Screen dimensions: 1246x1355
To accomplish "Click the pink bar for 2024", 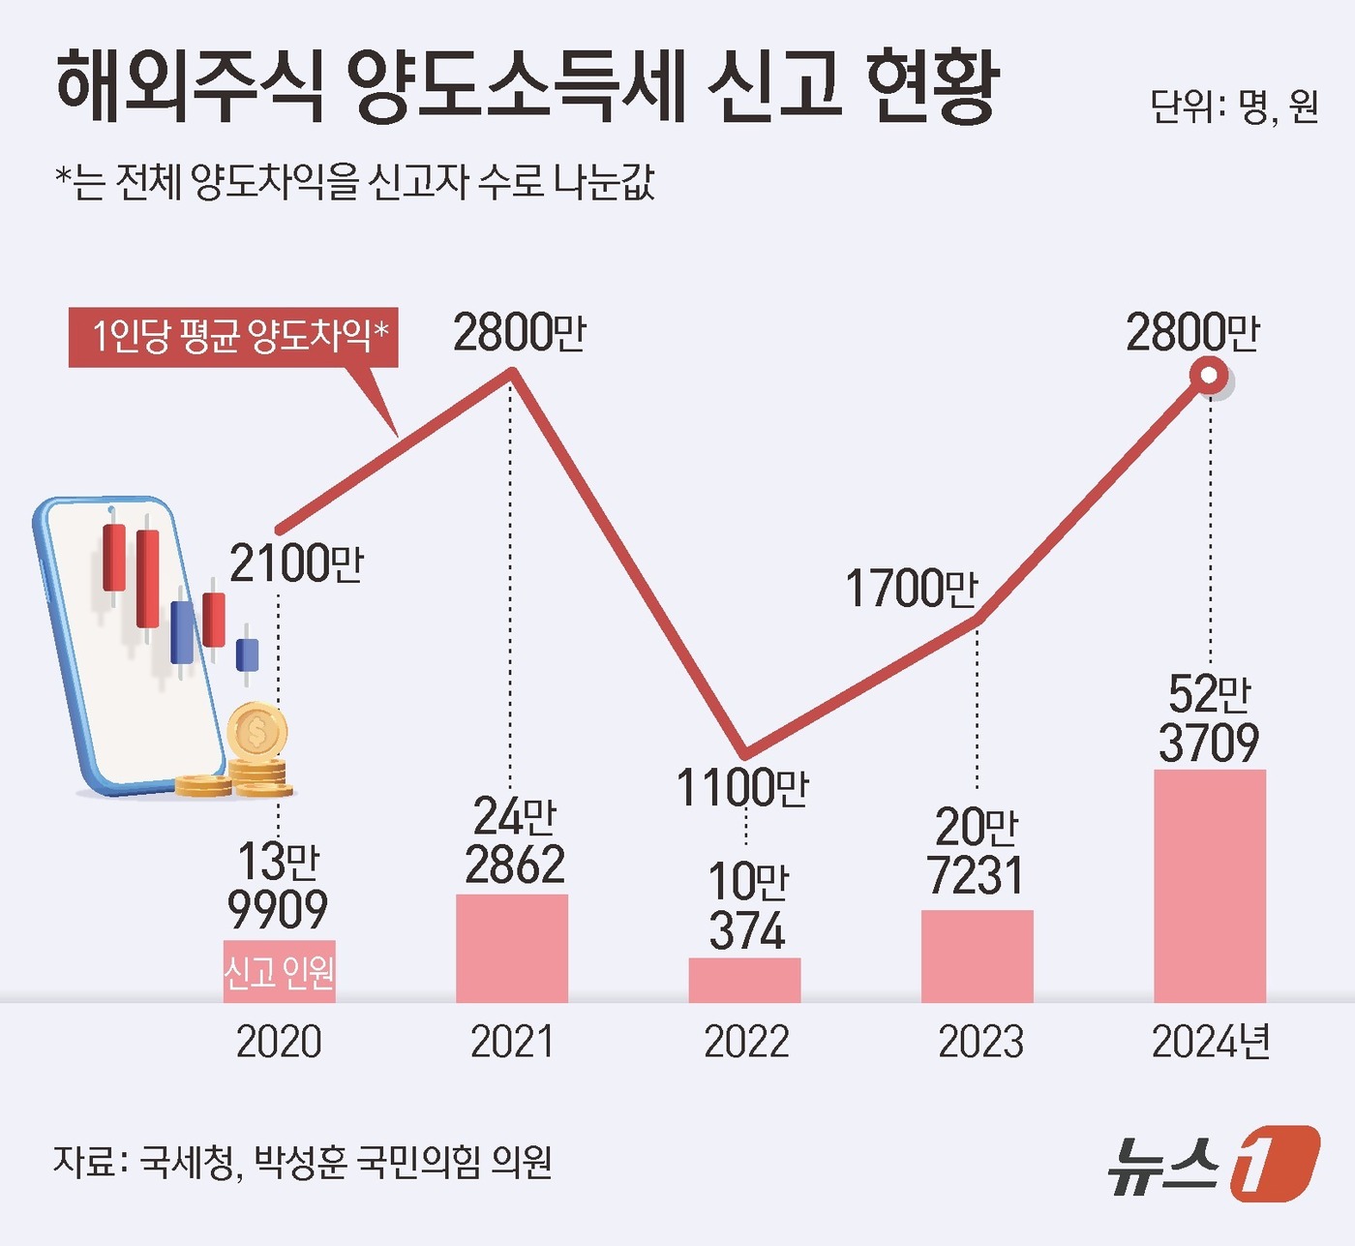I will [1210, 886].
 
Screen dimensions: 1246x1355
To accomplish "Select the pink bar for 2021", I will [512, 948].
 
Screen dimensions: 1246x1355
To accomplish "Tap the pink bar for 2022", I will [744, 980].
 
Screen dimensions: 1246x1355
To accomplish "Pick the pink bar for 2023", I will [977, 956].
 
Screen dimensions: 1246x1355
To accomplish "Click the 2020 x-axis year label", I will [279, 1043].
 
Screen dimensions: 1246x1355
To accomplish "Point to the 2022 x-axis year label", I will [746, 1043].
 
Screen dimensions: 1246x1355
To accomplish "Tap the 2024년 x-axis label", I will [1211, 1043].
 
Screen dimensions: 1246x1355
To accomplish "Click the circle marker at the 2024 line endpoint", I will [1210, 376].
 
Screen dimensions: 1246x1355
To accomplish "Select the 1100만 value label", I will [742, 787].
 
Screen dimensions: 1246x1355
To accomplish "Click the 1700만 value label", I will [912, 589].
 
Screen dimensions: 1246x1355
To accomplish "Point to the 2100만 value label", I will [296, 563].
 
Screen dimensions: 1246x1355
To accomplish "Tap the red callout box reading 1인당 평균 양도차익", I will [233, 337].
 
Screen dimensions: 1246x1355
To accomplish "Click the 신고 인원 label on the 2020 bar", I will [279, 971].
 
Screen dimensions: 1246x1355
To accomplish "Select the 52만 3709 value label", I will [1210, 718].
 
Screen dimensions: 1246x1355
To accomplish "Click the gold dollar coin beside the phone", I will [256, 733].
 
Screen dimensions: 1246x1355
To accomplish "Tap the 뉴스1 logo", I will [1214, 1163].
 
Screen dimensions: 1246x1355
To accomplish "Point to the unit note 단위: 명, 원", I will [1234, 106].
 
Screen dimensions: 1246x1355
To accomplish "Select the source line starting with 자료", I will [303, 1161].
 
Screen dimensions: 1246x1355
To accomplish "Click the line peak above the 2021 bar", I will [512, 372].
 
